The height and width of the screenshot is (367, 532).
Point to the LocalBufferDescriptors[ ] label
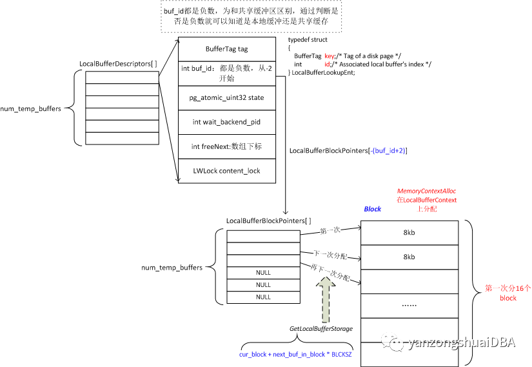pos(117,64)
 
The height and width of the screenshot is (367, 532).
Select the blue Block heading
pos(373,209)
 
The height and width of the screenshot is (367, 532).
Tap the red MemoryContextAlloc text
pos(426,192)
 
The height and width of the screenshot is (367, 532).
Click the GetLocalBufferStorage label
pos(320,329)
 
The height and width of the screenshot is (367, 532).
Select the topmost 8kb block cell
pos(409,232)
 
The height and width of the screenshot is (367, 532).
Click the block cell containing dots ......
pos(409,305)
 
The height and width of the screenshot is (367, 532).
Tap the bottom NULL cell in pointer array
pos(263,297)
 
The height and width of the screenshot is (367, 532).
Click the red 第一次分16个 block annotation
pos(508,293)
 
